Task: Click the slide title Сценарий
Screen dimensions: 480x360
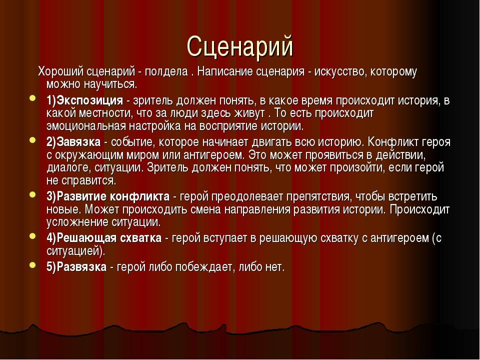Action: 240,47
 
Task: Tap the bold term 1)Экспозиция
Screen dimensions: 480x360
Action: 85,100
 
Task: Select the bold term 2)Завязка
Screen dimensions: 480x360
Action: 73,142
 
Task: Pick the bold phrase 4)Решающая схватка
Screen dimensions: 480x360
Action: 104,238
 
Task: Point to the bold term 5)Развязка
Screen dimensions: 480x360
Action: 76,267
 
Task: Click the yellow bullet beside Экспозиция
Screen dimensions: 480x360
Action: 33,98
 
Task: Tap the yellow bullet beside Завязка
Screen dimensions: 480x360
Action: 33,140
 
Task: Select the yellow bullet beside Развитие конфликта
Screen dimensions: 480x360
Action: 33,194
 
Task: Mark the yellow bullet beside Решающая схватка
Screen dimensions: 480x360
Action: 33,236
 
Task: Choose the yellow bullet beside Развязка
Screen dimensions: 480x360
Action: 33,265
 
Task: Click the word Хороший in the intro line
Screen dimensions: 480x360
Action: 60,71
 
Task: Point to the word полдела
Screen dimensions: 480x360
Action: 166,71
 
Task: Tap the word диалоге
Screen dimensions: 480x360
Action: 69,168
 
